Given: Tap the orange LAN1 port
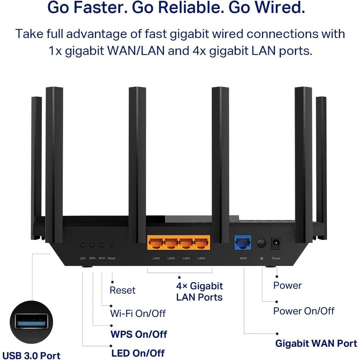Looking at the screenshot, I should point(156,243).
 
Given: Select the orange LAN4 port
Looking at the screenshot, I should point(201,243).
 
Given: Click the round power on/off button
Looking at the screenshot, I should point(262,243).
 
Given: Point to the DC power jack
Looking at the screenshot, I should point(276,243).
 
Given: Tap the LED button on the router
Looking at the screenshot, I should point(83,245).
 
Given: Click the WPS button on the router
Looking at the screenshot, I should point(92,245).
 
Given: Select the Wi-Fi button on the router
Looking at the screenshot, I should point(102,245).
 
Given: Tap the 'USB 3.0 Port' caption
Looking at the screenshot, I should point(31,355).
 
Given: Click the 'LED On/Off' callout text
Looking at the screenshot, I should point(138,352).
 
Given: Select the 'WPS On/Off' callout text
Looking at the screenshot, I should point(138,334).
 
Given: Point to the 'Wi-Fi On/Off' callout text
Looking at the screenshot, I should point(138,313).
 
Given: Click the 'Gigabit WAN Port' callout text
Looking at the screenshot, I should point(316,343).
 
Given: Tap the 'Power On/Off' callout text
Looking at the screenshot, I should point(304,311).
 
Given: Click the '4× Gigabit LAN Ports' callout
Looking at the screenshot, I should point(199,291).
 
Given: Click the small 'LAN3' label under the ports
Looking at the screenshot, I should point(186,258).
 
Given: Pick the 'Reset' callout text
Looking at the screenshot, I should point(122,290).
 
